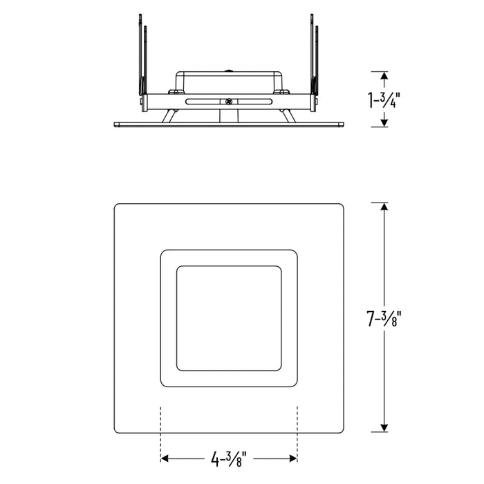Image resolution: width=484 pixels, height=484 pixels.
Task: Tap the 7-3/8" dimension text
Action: (x=384, y=319)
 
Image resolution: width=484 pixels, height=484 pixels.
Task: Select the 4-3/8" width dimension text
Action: (x=229, y=458)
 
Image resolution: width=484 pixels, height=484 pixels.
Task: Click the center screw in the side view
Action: (x=228, y=101)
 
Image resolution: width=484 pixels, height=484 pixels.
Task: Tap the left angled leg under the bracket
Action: (x=168, y=115)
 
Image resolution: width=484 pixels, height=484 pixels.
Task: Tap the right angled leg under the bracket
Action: (x=288, y=115)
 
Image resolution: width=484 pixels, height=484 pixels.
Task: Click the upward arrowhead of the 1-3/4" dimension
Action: (x=384, y=75)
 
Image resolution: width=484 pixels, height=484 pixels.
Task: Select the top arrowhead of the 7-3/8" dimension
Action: (x=384, y=207)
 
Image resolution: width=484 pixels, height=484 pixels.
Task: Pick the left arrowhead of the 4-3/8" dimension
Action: (x=166, y=458)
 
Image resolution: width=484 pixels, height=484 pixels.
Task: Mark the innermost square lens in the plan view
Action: (x=229, y=317)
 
